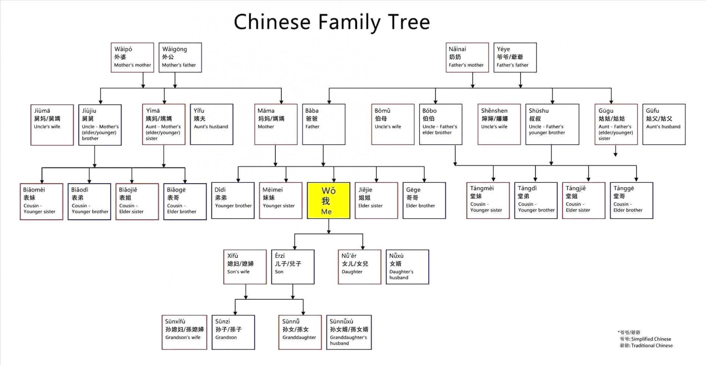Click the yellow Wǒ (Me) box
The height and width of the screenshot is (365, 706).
coord(328,201)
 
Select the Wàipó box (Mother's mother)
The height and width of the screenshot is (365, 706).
coord(132,57)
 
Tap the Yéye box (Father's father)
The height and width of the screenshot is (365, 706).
coord(515,57)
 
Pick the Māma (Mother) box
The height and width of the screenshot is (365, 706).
coord(276,124)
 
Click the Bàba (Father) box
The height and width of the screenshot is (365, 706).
coord(324,124)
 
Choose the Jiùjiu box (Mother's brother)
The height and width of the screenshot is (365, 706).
coord(100,125)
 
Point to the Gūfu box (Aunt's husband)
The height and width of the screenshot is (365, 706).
coord(664,124)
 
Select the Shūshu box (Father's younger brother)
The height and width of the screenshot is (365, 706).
coord(552,124)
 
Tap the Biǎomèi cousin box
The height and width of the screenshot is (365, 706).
coord(41,201)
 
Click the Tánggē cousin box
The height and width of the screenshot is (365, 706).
coord(631,200)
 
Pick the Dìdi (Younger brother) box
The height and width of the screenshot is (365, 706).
coord(233,200)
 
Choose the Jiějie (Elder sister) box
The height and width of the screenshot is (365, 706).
coord(376,200)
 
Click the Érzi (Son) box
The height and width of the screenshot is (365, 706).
coord(293,267)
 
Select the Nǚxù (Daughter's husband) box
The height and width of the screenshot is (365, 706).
coord(407,267)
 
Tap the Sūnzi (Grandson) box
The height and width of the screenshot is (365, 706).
coord(233,332)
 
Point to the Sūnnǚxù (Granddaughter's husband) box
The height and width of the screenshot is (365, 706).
coord(349,332)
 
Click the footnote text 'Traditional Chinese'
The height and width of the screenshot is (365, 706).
coord(652,346)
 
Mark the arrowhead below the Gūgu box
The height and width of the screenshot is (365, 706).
coord(615,154)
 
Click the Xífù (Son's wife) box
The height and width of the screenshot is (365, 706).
coord(245,267)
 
